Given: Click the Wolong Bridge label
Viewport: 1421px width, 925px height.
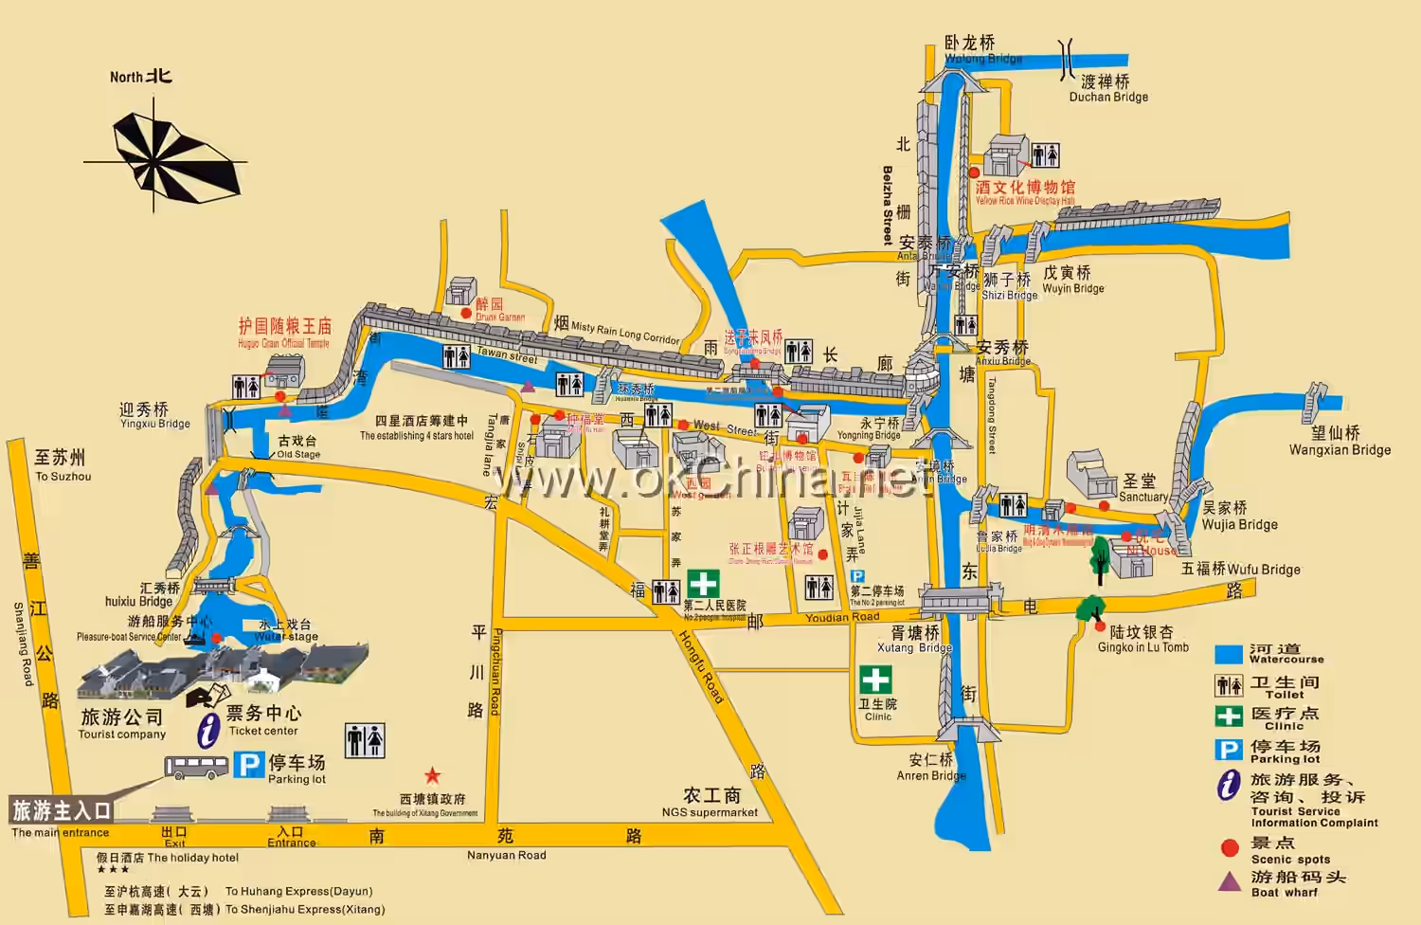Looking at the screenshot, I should click(982, 59).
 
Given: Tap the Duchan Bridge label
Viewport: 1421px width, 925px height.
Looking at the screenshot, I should click(1108, 97).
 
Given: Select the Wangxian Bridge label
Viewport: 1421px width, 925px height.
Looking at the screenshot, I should click(1340, 450).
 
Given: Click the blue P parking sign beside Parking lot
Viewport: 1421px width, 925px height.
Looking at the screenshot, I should click(249, 765).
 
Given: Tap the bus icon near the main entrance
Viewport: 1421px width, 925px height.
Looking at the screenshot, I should click(196, 767).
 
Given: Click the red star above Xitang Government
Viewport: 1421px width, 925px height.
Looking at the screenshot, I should click(432, 775).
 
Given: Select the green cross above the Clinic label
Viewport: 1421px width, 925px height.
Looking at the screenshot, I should click(875, 680).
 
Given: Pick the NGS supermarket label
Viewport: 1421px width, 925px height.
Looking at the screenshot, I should click(710, 812).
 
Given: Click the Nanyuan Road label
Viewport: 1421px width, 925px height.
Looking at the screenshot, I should click(506, 855).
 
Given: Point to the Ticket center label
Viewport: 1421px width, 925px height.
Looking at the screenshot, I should click(263, 731).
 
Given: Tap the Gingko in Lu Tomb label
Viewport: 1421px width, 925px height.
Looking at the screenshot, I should click(1142, 647).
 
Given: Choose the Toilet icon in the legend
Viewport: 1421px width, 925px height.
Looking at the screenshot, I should click(1229, 685).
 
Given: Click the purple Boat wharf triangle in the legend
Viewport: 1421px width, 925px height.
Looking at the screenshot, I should click(1229, 881).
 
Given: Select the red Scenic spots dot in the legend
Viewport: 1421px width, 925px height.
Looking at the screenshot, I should click(1230, 847).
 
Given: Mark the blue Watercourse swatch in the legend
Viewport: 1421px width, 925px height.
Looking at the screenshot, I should click(1229, 654).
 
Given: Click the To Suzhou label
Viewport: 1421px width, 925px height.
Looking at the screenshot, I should click(63, 477).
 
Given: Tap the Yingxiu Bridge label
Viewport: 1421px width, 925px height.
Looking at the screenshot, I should click(154, 424).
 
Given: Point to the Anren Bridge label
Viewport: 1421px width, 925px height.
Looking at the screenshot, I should click(930, 775).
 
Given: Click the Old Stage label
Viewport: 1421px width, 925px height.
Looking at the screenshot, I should click(298, 454).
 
